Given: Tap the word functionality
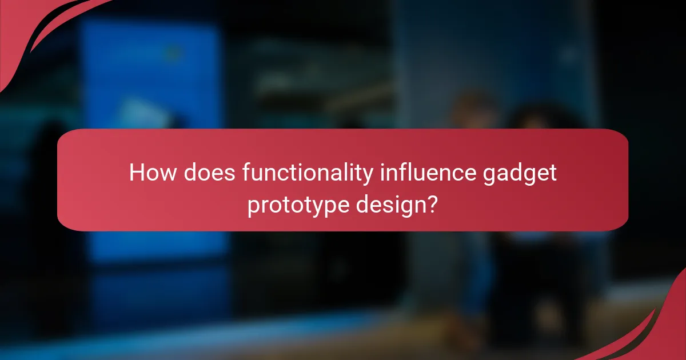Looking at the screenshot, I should click(x=309, y=173).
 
